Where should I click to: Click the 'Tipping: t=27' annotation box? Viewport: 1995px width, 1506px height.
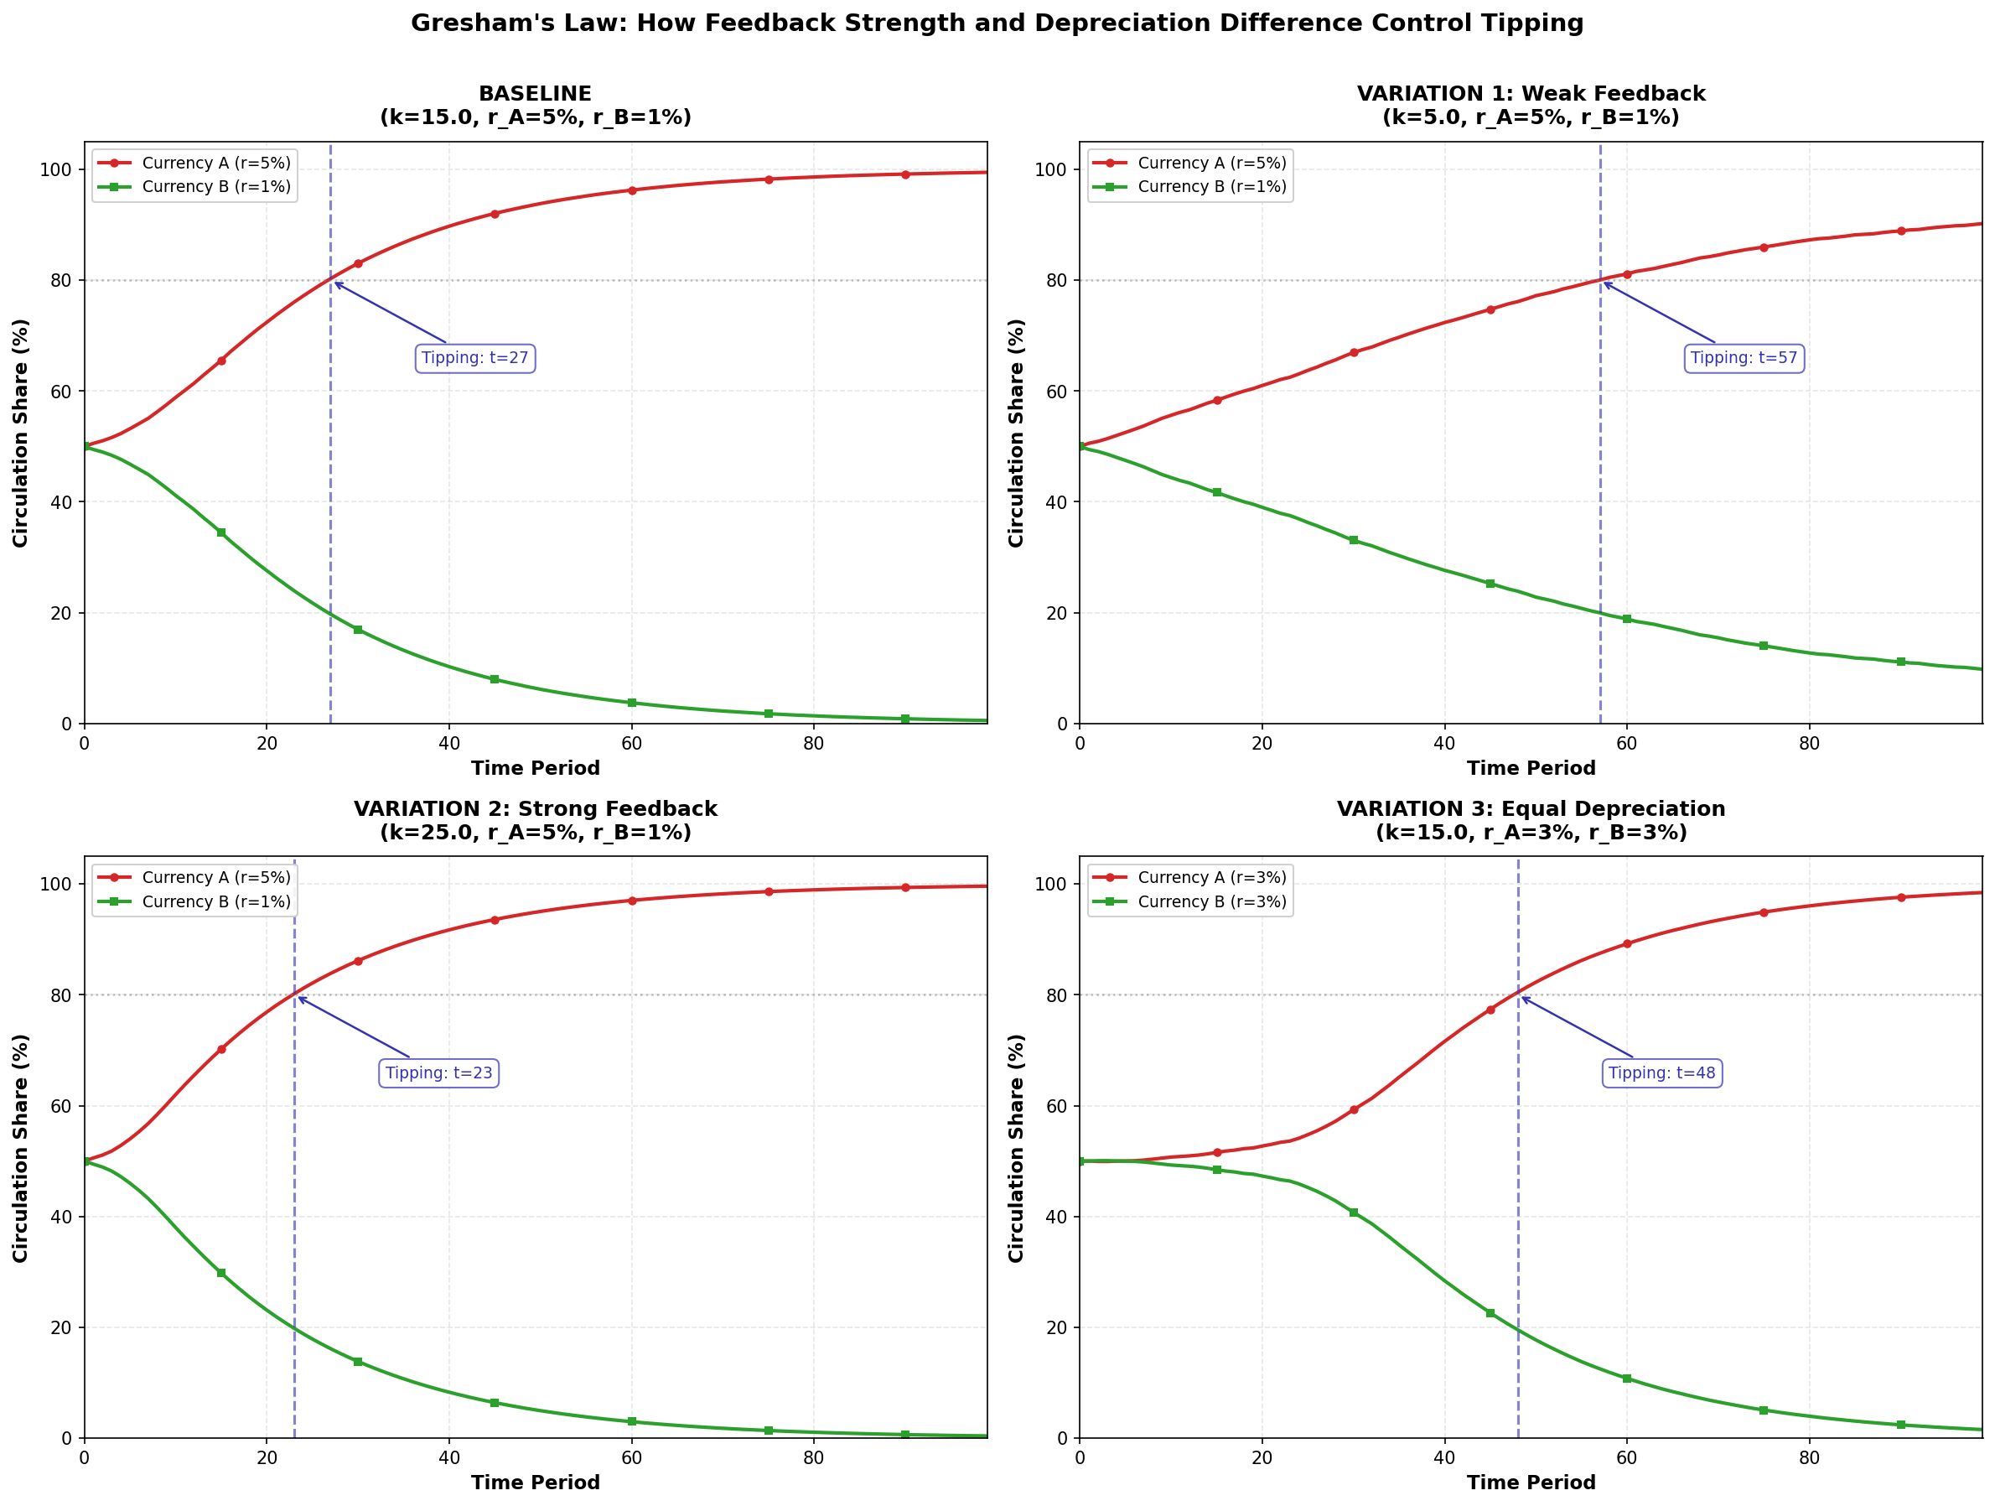[x=474, y=358]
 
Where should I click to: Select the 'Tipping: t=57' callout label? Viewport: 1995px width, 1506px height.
[x=1744, y=358]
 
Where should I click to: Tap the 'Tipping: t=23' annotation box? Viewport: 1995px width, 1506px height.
[x=438, y=1072]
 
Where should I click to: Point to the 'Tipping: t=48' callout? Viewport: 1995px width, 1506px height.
[x=1661, y=1072]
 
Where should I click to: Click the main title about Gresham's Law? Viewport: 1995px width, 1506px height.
[x=997, y=23]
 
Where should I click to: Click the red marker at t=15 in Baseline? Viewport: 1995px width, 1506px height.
[x=221, y=361]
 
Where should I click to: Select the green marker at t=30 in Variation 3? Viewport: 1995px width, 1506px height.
[x=1353, y=1213]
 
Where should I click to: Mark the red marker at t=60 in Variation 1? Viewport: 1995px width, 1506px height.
[x=1627, y=274]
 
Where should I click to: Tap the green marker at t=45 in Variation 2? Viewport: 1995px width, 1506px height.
[x=495, y=1403]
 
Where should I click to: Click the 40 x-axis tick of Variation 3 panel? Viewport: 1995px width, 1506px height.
[x=1444, y=1457]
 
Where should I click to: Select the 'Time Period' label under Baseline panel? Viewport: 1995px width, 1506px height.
[x=535, y=768]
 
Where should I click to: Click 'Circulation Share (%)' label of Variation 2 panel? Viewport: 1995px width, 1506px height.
[x=21, y=1148]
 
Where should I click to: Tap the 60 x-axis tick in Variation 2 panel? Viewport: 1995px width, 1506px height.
[x=631, y=1457]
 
